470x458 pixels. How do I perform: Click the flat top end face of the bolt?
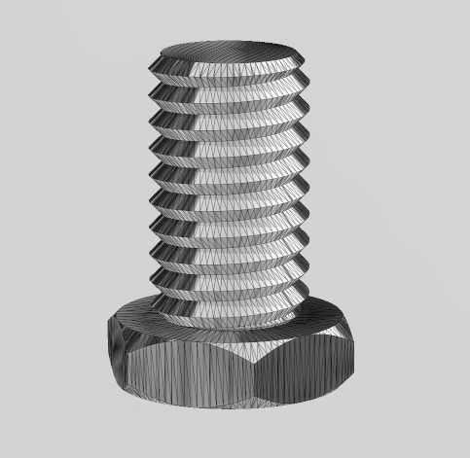(226, 52)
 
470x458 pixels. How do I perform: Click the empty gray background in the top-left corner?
(29, 29)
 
